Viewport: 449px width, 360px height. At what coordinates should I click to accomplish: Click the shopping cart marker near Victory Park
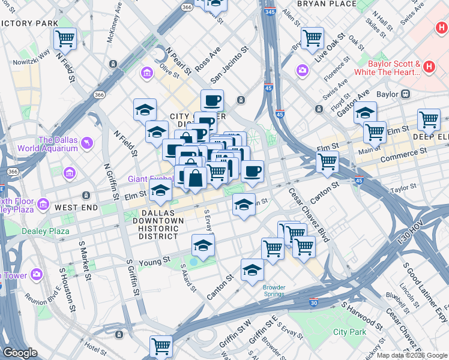[x=65, y=39]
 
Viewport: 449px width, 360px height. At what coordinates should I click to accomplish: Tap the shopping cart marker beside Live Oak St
[x=312, y=38]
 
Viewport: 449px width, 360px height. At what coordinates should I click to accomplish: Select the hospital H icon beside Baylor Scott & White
[x=429, y=67]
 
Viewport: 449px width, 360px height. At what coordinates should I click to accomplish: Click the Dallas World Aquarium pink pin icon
[x=88, y=142]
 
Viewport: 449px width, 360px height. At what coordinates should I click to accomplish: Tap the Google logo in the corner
[x=20, y=353]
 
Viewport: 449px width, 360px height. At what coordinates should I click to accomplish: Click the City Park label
[x=349, y=332]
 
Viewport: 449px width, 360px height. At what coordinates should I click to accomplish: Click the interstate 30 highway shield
[x=314, y=304]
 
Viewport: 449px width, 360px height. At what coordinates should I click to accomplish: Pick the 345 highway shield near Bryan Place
[x=270, y=11]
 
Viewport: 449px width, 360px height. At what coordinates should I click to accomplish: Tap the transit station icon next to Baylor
[x=406, y=94]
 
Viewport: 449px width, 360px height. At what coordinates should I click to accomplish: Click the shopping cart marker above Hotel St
[x=161, y=346]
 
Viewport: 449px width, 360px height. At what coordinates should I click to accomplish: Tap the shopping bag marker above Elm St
[x=195, y=178]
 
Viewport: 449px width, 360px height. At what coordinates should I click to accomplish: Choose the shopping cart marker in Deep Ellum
[x=429, y=119]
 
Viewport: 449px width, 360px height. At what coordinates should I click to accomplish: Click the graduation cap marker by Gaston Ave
[x=364, y=112]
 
